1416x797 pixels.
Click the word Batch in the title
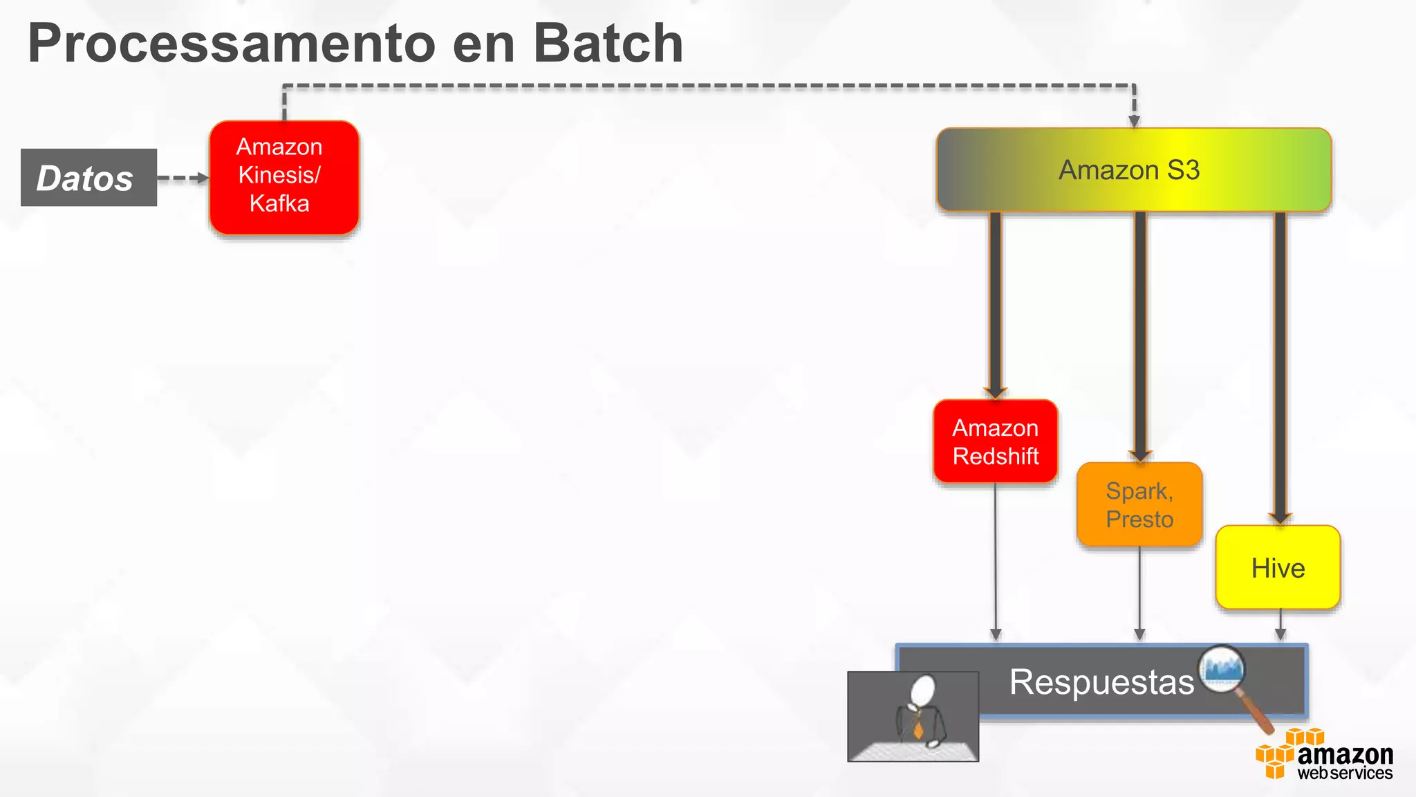pos(608,43)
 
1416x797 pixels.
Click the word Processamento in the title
pos(231,43)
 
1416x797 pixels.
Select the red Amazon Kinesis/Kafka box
pos(284,177)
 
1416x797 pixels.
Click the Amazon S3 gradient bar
pos(1133,170)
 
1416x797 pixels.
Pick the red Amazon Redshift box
pos(995,441)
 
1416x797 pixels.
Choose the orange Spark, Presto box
pos(1139,504)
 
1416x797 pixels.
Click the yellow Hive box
pos(1278,568)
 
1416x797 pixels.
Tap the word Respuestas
pos(1101,682)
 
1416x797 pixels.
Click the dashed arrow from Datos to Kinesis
pos(182,178)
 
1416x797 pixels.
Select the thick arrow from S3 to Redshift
pos(995,304)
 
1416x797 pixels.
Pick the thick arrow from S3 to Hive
pos(1280,367)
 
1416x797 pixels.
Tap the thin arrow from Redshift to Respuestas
pos(996,560)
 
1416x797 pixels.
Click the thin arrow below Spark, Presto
pos(1139,592)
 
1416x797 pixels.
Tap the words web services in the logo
pos(1344,773)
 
